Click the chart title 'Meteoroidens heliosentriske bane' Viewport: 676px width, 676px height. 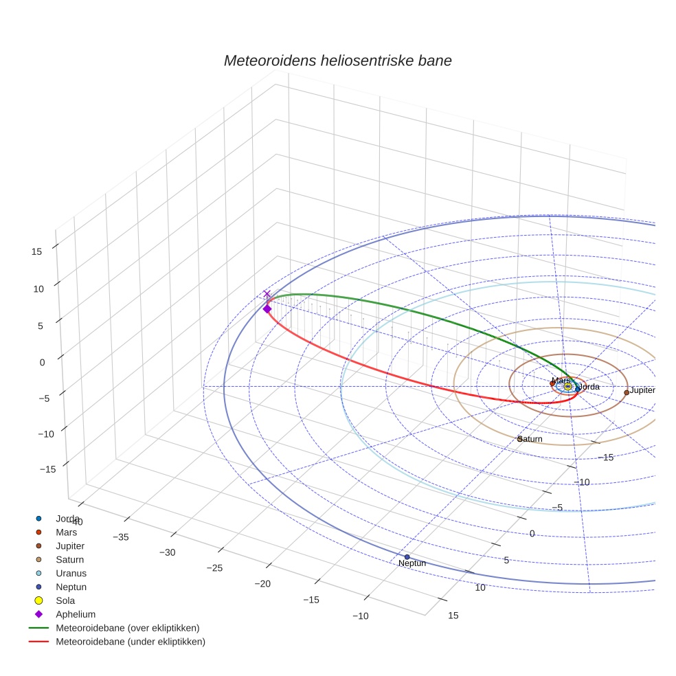coord(337,60)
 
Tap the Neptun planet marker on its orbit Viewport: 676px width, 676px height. coord(407,556)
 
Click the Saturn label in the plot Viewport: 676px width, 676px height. coord(530,439)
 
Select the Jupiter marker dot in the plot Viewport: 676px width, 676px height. coord(626,392)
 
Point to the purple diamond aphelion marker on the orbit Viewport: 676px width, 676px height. coord(267,309)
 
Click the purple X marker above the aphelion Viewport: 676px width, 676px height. coord(267,294)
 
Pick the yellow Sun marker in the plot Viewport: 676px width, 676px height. coord(567,387)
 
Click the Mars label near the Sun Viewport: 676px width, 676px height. coord(561,381)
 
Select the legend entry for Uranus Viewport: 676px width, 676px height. coord(71,573)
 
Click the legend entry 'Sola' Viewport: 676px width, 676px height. coord(67,600)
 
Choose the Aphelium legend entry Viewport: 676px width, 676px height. coord(75,614)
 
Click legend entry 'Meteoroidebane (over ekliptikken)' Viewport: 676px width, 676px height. coord(127,628)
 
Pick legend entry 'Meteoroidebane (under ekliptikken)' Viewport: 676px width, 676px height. coord(130,642)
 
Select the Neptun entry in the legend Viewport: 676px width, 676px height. coord(71,587)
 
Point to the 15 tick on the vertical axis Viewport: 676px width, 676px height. coord(37,251)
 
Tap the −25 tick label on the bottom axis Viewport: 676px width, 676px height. coord(215,567)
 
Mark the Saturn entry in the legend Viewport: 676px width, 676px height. coord(69,559)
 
